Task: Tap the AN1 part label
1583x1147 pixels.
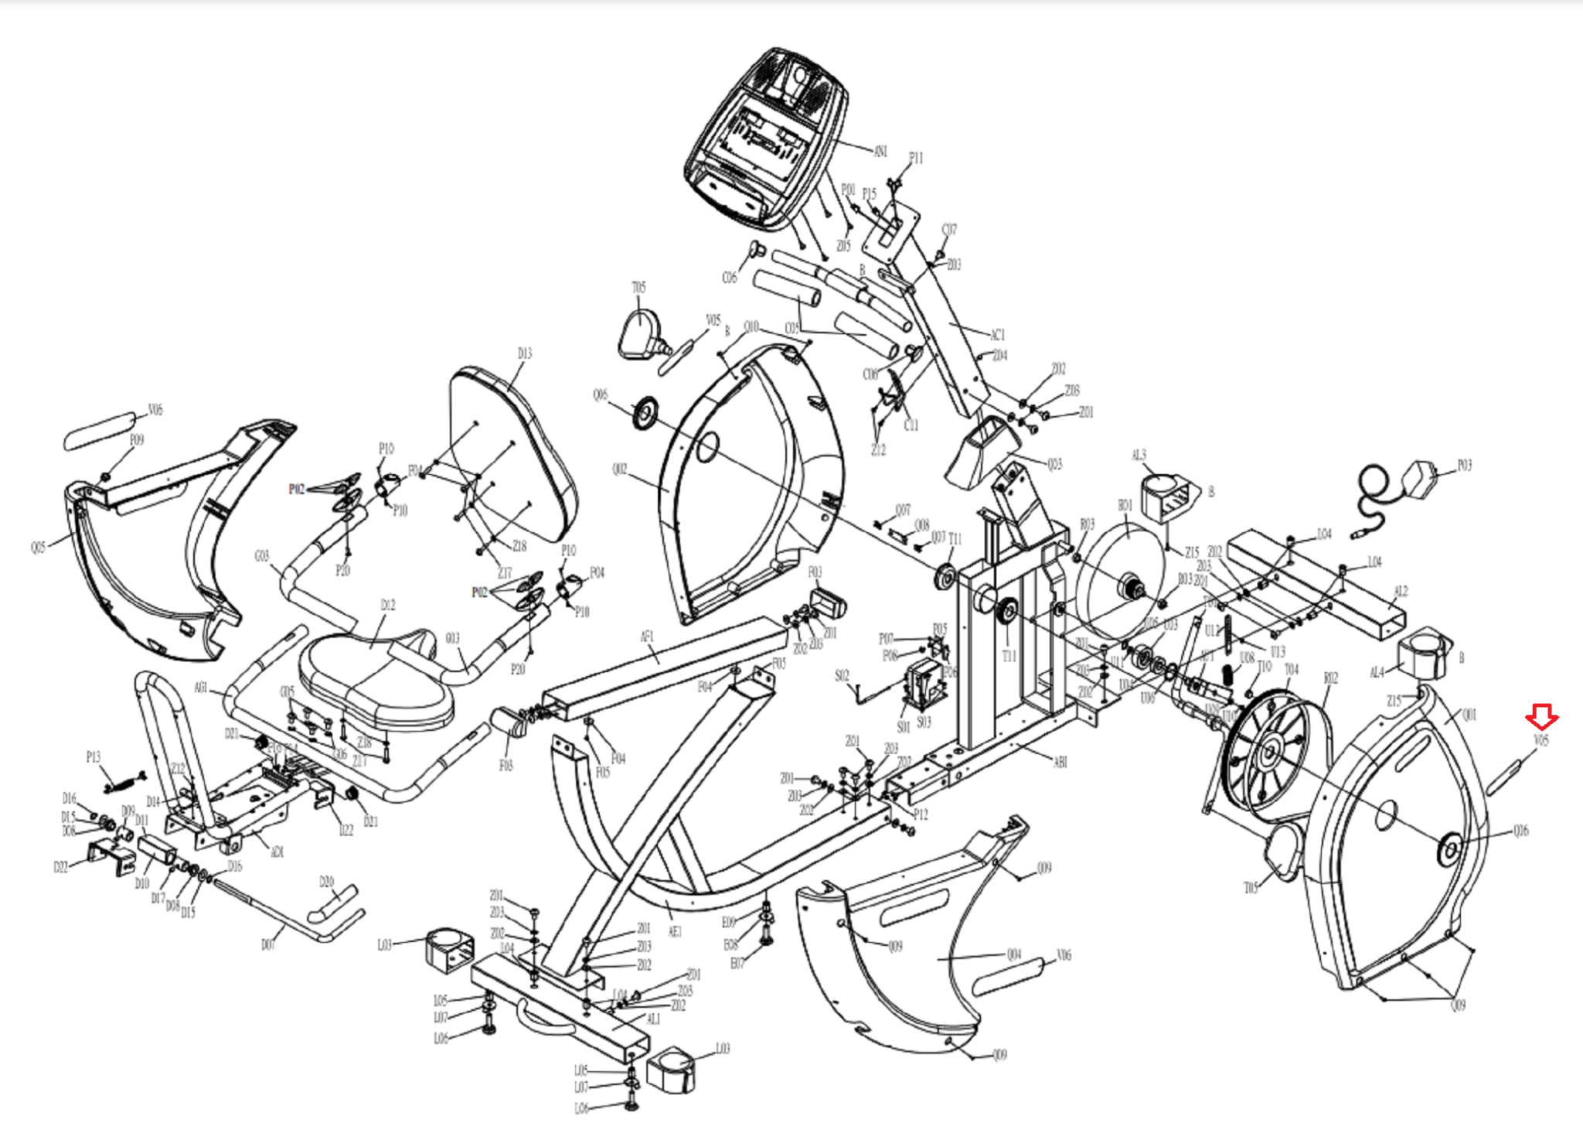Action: (x=880, y=152)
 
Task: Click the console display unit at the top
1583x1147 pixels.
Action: (x=765, y=139)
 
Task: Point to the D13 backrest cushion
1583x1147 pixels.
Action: (x=514, y=456)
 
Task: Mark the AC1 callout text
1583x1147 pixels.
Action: (x=997, y=335)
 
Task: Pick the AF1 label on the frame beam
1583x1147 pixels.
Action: (x=647, y=637)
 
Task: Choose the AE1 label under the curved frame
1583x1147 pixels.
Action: (x=675, y=932)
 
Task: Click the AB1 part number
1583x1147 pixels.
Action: (x=1060, y=762)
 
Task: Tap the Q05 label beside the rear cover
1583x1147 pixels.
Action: (x=38, y=548)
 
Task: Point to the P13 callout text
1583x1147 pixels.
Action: (x=93, y=757)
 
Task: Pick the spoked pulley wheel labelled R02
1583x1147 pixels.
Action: (x=1268, y=754)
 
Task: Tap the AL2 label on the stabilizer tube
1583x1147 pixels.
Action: (x=1401, y=592)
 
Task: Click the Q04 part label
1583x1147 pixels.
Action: (x=1014, y=954)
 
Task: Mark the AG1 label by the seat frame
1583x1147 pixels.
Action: (x=201, y=688)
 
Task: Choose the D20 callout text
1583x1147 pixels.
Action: (x=326, y=882)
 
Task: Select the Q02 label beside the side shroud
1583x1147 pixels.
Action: (x=619, y=469)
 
